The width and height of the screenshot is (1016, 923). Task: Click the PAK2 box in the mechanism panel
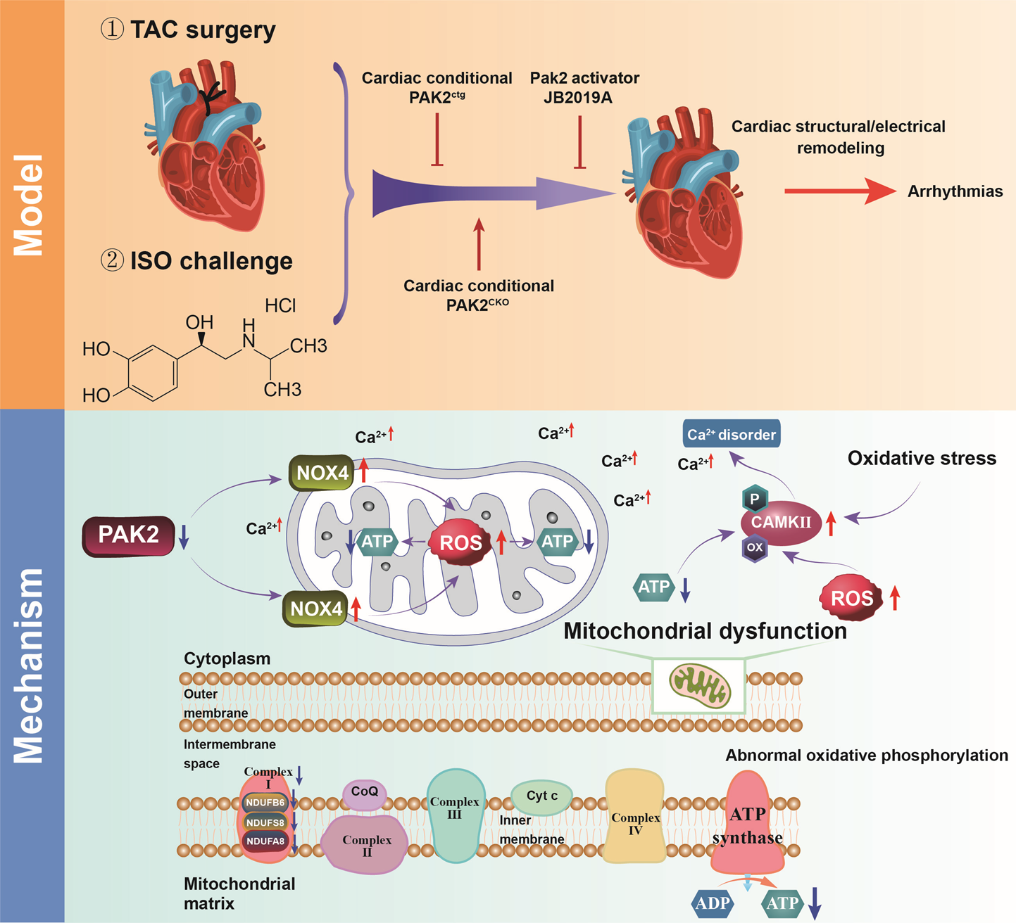pos(128,536)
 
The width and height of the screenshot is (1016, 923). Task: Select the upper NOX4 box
pos(322,473)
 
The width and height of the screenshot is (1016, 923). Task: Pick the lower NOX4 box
pos(316,609)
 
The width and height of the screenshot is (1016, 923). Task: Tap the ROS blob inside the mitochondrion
pos(460,542)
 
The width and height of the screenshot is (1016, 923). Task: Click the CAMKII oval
pos(781,523)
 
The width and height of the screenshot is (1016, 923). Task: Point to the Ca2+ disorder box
pos(732,435)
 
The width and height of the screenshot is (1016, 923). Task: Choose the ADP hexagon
pos(713,903)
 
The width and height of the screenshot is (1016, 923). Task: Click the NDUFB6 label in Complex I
pos(265,803)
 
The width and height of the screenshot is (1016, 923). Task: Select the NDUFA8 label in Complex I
pos(265,841)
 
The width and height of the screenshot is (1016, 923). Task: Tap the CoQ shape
pos(365,792)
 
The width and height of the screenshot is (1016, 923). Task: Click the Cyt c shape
pos(542,796)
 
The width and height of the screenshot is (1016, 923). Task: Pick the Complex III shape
pos(455,816)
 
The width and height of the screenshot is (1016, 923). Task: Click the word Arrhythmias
pos(955,191)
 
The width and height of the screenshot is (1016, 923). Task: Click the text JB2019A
pos(578,98)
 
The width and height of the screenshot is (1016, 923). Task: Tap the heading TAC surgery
pos(203,30)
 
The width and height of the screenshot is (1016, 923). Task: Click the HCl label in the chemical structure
pos(280,306)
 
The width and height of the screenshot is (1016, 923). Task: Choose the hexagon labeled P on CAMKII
pos(755,499)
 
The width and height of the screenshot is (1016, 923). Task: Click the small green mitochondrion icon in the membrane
pos(698,686)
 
